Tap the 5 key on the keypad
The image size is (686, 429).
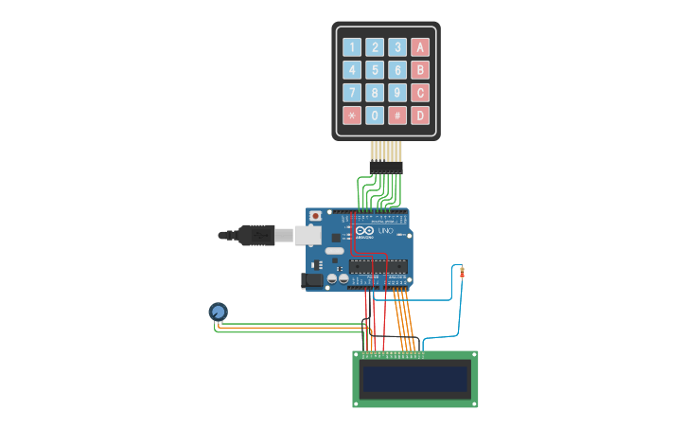375,70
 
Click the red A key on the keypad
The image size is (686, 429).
420,47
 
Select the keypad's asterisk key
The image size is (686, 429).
352,116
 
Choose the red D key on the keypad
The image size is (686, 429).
420,116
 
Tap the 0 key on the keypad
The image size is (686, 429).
375,116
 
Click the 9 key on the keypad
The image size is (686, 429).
397,93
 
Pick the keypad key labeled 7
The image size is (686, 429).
352,93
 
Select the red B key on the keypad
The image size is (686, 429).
420,70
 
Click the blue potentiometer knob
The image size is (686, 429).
218,311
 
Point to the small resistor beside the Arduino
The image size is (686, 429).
462,274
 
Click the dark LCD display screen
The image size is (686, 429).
415,380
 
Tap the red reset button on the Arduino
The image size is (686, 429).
314,216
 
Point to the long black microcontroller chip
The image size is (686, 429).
378,267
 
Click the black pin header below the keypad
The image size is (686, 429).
386,168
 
